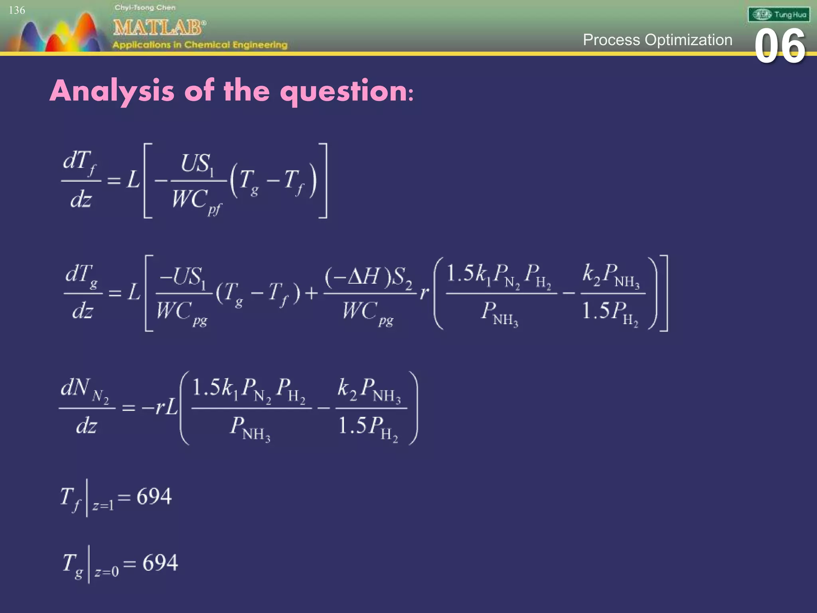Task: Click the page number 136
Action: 17,10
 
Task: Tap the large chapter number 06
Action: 780,47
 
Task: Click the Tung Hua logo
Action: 779,15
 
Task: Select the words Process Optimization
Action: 657,40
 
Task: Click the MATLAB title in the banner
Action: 159,28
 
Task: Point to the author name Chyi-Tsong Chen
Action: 145,8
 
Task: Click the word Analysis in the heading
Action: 112,91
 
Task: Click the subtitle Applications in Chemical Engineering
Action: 200,45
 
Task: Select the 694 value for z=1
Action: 154,497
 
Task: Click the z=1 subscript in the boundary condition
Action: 103,506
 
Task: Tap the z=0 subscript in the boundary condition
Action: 107,572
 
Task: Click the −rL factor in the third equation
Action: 159,407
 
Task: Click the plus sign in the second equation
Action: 312,294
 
